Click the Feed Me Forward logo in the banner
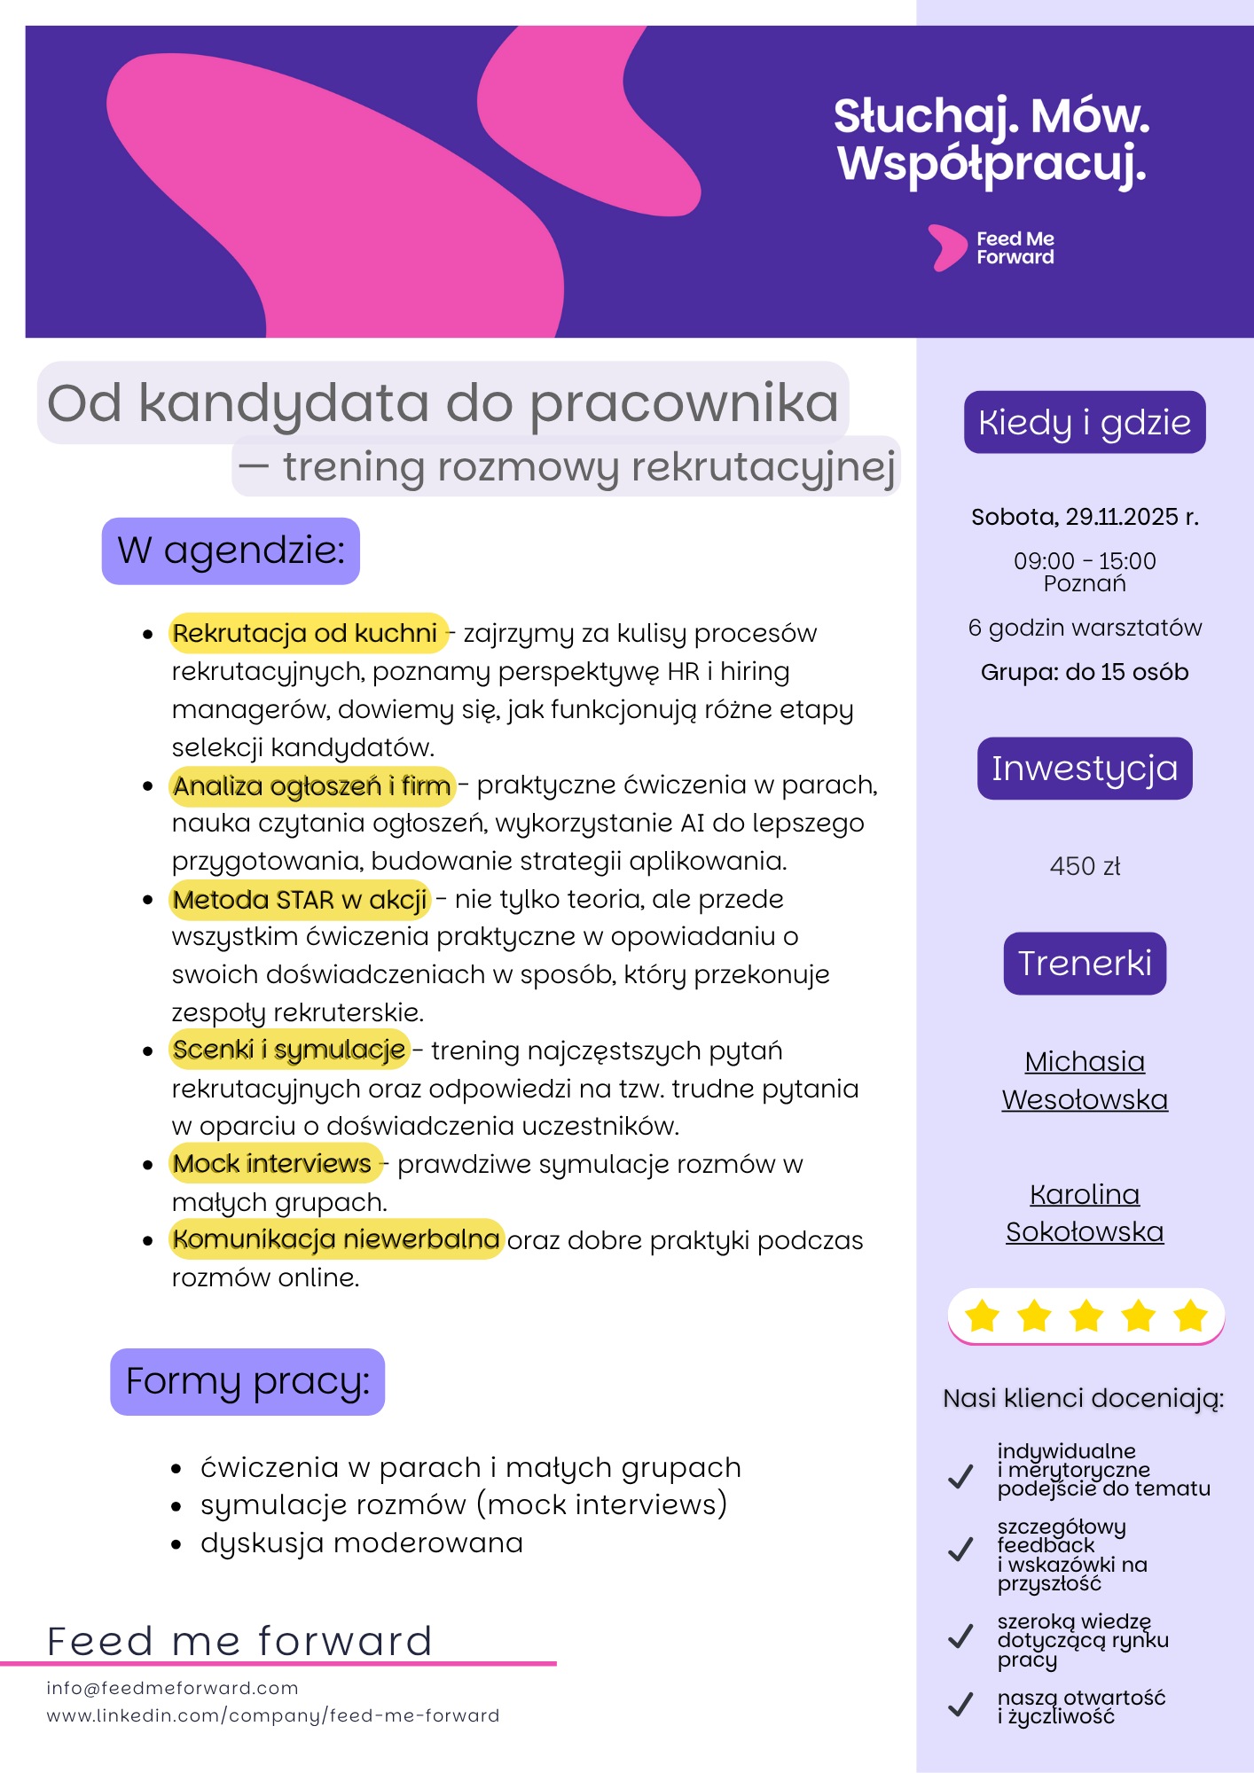click(991, 248)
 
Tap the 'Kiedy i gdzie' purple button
click(1084, 423)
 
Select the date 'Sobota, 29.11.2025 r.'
click(1084, 517)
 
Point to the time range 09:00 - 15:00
click(1084, 561)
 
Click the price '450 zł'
click(1084, 866)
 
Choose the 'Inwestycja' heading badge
click(1084, 769)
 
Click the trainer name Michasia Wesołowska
click(1084, 1081)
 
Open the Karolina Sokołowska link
click(1084, 1213)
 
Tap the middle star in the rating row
click(1085, 1316)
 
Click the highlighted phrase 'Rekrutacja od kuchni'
click(305, 633)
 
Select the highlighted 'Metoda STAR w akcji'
click(300, 900)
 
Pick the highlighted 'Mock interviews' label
click(272, 1164)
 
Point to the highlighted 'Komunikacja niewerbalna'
click(336, 1239)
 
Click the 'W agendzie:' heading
click(231, 551)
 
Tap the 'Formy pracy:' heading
click(247, 1381)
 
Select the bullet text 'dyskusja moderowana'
click(362, 1543)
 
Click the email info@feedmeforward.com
click(172, 1688)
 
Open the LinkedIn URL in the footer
click(272, 1715)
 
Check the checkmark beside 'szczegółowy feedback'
click(960, 1550)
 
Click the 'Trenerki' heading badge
click(1084, 964)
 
